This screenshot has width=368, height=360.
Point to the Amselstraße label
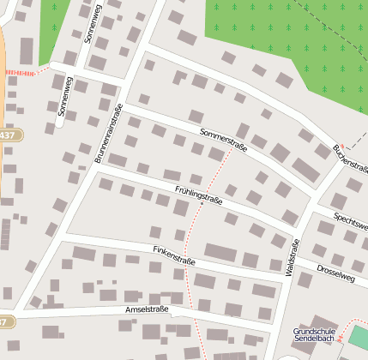tap(146, 309)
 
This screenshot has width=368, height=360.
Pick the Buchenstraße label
tap(350, 159)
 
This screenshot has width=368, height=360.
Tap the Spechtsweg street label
tap(351, 219)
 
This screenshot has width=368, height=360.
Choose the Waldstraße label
tap(291, 256)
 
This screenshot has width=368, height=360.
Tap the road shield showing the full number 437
tap(7, 135)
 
